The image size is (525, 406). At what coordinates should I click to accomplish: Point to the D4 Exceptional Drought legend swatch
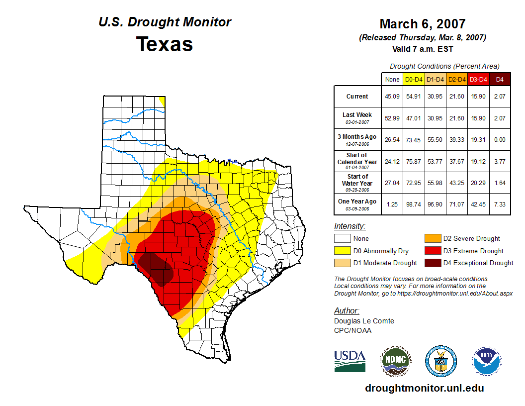[432, 263]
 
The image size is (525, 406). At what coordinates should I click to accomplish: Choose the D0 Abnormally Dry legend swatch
[342, 251]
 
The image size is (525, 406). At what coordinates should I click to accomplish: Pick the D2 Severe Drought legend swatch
[432, 239]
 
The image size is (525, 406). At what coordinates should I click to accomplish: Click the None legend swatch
[342, 239]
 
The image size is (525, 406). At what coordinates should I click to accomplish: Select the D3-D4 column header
[478, 79]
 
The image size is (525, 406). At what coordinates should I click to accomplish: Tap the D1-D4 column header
[435, 79]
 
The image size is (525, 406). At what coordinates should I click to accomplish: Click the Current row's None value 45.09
[392, 97]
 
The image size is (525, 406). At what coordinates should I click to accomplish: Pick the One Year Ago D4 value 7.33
[500, 204]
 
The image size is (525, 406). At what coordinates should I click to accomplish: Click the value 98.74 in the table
[414, 204]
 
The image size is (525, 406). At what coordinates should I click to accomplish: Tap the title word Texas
[165, 44]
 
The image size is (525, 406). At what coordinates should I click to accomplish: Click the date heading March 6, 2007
[423, 24]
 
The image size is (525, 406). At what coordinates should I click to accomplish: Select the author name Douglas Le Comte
[364, 321]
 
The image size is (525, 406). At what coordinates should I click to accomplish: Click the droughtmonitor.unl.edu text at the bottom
[424, 388]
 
